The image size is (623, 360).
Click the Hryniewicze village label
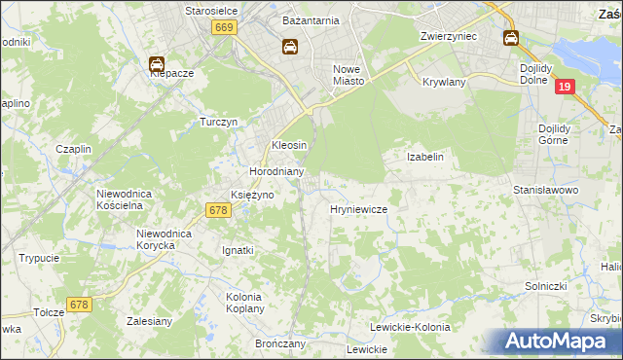(359, 209)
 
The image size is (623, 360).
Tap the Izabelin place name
(424, 157)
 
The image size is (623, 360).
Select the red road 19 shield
(566, 88)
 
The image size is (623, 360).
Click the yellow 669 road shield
(224, 29)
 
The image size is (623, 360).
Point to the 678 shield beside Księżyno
(218, 209)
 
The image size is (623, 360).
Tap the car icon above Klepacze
(156, 64)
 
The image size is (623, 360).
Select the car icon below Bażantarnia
(290, 46)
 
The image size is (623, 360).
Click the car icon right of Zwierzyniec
(511, 38)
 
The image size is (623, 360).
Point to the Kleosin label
(288, 145)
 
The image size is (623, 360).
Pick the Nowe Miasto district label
(348, 75)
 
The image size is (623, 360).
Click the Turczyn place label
(219, 123)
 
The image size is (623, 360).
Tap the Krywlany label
(444, 83)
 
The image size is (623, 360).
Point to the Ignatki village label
(238, 250)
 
